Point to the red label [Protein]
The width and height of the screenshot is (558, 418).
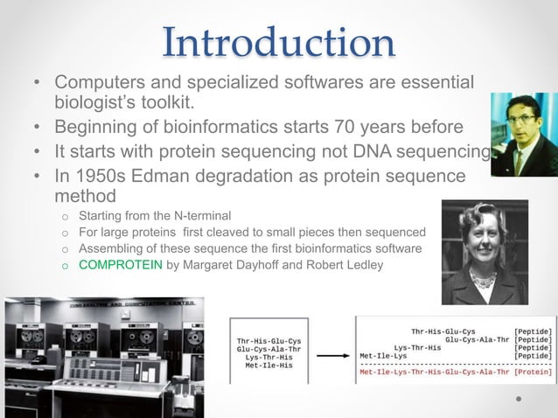pos(533,371)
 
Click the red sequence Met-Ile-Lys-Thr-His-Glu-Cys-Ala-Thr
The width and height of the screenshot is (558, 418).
pos(434,371)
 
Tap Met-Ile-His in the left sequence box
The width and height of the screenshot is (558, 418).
pos(270,366)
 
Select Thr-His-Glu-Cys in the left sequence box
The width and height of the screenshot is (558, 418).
pos(269,340)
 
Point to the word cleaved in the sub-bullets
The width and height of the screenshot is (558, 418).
pos(217,232)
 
